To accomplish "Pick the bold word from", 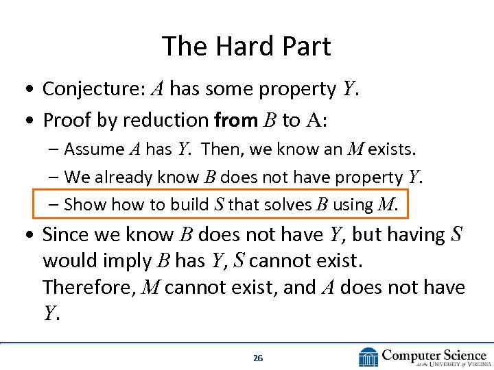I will [235, 121].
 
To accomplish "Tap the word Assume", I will [94, 149].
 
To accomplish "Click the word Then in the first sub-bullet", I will [220, 149].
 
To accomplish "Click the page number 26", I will [257, 358].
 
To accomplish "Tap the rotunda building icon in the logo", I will [368, 357].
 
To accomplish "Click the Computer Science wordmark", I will [434, 354].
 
